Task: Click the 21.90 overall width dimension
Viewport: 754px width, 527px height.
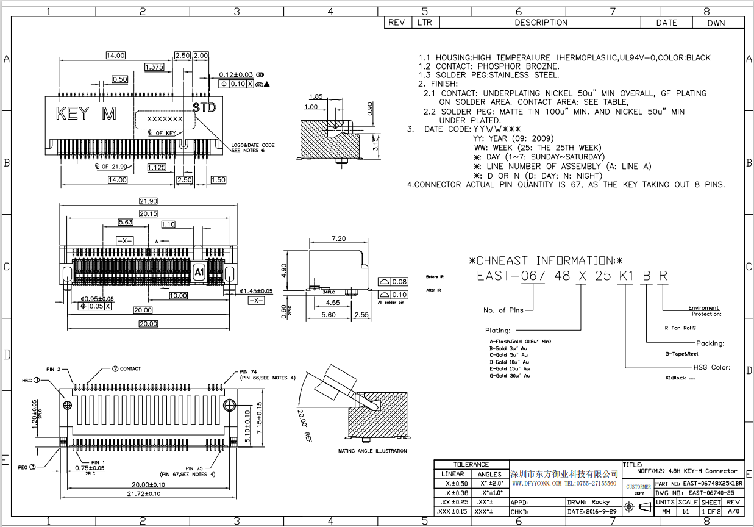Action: pyautogui.click(x=148, y=201)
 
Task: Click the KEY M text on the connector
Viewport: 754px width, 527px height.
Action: pyautogui.click(x=86, y=114)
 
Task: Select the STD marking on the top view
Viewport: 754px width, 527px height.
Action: pyautogui.click(x=204, y=108)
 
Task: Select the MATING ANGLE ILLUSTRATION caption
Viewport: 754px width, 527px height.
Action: pyautogui.click(x=372, y=451)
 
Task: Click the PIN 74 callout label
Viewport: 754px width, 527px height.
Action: pyautogui.click(x=248, y=371)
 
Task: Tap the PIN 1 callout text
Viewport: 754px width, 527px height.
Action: pyautogui.click(x=98, y=462)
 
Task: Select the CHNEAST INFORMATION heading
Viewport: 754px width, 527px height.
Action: pyautogui.click(x=546, y=260)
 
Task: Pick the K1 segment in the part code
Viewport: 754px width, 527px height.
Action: pyautogui.click(x=626, y=276)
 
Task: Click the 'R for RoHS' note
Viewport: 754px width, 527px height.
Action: pyautogui.click(x=680, y=328)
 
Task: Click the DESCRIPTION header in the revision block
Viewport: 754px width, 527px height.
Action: pyautogui.click(x=541, y=23)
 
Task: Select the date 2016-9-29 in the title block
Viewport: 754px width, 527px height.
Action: pyautogui.click(x=600, y=512)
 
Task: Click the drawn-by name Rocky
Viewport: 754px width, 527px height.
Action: pyautogui.click(x=600, y=502)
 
